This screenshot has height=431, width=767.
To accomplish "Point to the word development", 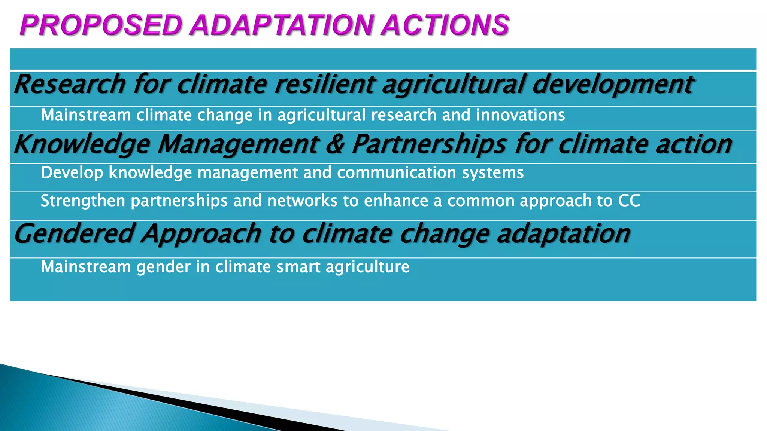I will [x=613, y=85].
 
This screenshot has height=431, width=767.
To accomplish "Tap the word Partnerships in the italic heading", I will [x=429, y=145].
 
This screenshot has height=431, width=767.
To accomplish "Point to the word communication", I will [x=397, y=172].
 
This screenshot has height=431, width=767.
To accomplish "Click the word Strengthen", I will [x=83, y=201].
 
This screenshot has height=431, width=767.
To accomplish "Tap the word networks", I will [x=302, y=201].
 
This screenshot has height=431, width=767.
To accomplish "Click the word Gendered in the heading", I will [x=74, y=233].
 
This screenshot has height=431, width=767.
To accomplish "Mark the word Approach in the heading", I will [x=201, y=234].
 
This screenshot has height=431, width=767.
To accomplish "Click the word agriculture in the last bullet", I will [x=367, y=267].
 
